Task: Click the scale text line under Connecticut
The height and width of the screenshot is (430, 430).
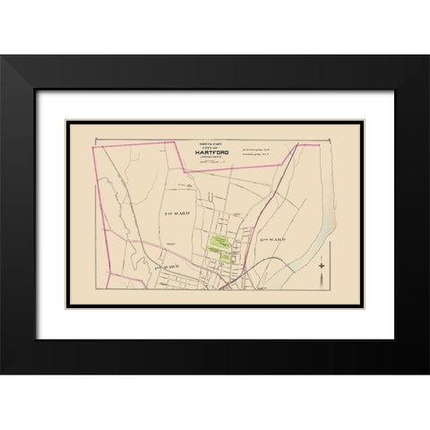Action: [211, 165]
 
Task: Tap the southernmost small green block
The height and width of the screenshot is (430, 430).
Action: [218, 262]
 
